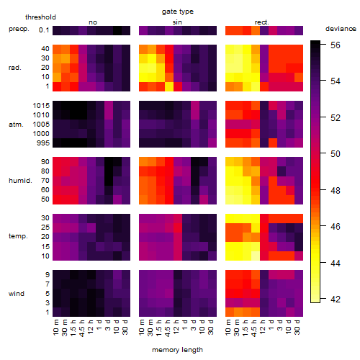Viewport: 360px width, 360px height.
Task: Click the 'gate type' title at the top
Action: click(178, 12)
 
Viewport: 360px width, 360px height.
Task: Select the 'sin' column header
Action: click(177, 22)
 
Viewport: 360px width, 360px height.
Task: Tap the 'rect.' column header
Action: click(262, 22)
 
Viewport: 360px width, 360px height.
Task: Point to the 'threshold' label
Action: click(40, 17)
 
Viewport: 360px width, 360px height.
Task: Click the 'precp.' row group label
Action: click(19, 29)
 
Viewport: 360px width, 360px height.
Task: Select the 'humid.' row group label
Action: click(20, 180)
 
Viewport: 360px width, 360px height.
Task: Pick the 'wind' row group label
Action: click(17, 294)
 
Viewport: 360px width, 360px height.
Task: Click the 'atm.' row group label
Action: click(16, 125)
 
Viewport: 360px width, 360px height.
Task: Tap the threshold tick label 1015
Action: click(41, 105)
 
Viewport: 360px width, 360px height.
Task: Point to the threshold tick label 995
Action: click(43, 143)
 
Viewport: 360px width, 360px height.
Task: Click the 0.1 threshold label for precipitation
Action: click(44, 30)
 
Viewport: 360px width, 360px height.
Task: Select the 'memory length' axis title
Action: click(177, 350)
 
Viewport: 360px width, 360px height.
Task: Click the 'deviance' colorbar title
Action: click(341, 29)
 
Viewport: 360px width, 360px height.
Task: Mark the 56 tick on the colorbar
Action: click(336, 45)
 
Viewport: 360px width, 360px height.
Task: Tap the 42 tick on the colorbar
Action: click(336, 299)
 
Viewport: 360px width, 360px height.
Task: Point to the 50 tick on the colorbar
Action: click(336, 153)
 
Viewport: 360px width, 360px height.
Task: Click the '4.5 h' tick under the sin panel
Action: click(168, 328)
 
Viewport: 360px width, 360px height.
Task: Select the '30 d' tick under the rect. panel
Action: click(297, 327)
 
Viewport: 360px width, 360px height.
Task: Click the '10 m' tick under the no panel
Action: click(56, 328)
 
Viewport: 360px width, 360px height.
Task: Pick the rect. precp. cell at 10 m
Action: click(230, 30)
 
